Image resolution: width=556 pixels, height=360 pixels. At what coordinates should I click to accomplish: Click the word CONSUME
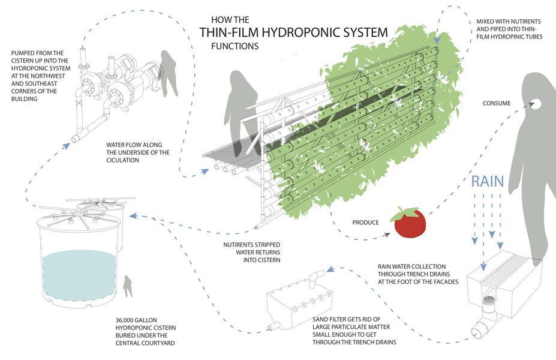click(x=497, y=103)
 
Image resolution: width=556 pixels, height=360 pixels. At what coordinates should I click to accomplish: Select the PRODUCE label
click(x=365, y=223)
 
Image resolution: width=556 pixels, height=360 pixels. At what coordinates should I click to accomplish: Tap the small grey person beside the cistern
click(x=127, y=286)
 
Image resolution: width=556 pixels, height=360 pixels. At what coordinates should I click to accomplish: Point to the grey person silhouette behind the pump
click(x=168, y=72)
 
